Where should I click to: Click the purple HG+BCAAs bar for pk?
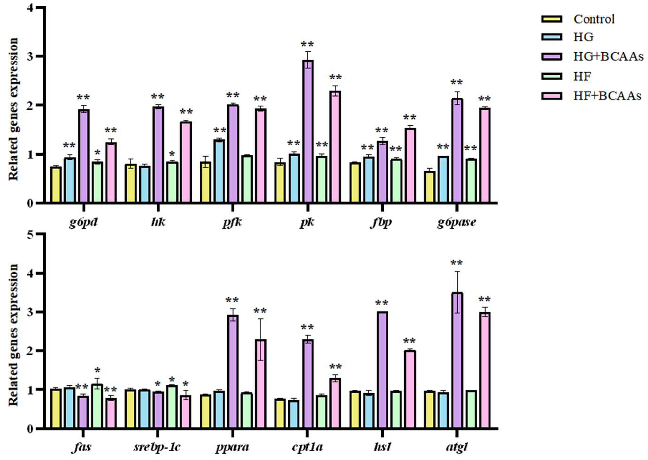308,132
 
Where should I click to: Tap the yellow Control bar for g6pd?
56,185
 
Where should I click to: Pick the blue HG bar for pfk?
219,171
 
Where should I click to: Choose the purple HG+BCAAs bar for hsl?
383,370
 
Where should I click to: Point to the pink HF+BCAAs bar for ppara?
260,384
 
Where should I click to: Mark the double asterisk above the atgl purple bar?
457,263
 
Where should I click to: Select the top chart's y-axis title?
13,109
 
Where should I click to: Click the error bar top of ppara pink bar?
260,319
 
